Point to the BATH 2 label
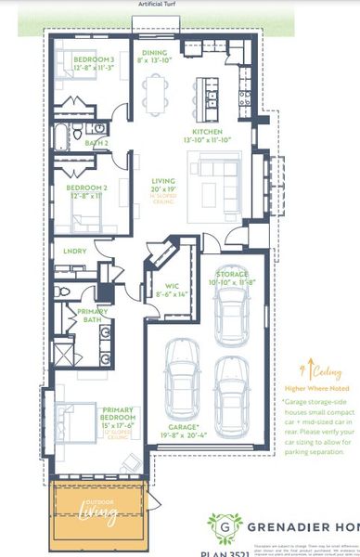[x=96, y=144]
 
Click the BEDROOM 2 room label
[x=87, y=187]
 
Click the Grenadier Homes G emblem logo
[x=221, y=526]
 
